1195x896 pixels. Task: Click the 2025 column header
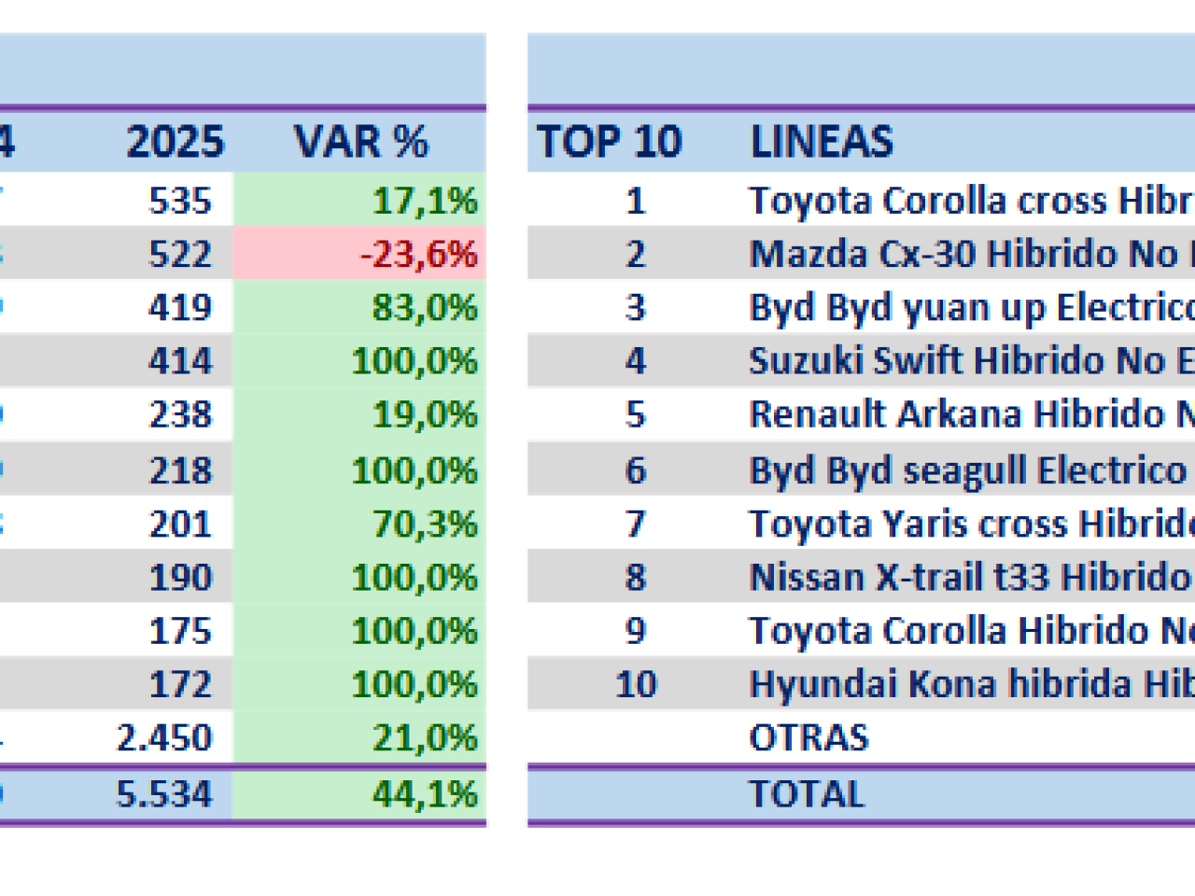[176, 142]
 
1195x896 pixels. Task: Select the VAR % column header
[361, 142]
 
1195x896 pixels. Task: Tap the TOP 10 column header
[609, 142]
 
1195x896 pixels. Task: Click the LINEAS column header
[822, 142]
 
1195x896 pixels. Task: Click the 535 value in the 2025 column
[180, 201]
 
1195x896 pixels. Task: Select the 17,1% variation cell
[425, 201]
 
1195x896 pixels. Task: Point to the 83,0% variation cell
[425, 307]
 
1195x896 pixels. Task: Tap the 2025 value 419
[180, 307]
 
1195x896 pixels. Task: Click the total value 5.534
[164, 794]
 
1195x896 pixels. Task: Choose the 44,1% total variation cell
[425, 794]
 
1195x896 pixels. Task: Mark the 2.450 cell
[164, 738]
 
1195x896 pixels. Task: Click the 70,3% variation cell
[425, 524]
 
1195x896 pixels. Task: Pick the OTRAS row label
[808, 738]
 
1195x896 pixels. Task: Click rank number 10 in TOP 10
[636, 684]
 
